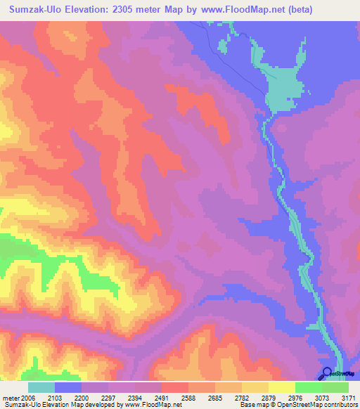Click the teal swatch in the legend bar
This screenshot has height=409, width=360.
(41, 387)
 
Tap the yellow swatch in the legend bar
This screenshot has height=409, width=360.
(281, 387)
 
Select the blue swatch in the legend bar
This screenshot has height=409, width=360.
(67, 387)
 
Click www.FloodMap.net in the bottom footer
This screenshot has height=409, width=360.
(146, 404)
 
